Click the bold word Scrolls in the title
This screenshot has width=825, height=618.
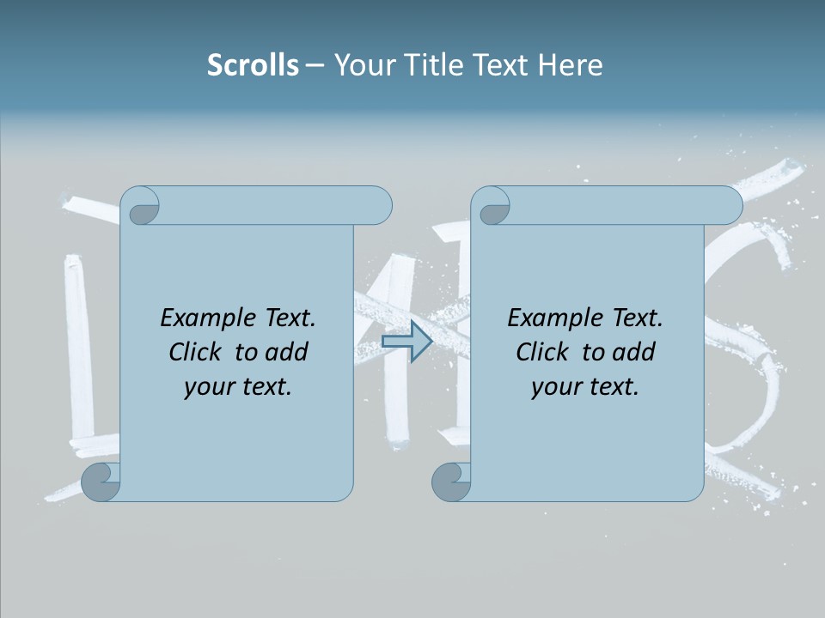pyautogui.click(x=253, y=65)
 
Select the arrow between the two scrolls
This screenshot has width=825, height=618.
pyautogui.click(x=406, y=342)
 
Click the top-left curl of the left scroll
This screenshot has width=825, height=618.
pyautogui.click(x=140, y=206)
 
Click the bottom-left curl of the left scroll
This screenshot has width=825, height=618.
pyautogui.click(x=101, y=482)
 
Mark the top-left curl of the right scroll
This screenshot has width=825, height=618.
pyautogui.click(x=491, y=206)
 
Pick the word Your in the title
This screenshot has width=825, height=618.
pyautogui.click(x=362, y=65)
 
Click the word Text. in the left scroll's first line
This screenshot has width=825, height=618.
pyautogui.click(x=285, y=318)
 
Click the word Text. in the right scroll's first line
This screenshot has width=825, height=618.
pyautogui.click(x=632, y=318)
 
